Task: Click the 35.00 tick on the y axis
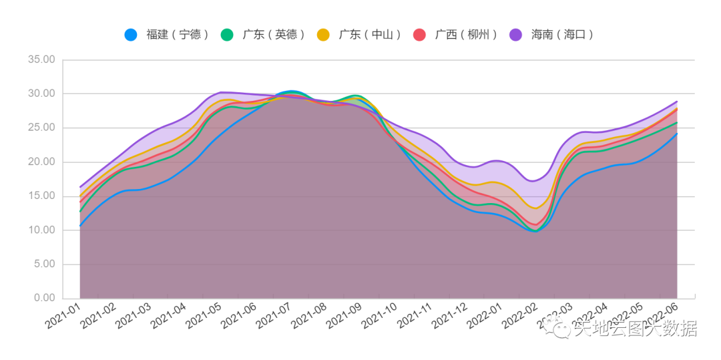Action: point(41,59)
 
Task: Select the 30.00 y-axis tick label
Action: point(41,94)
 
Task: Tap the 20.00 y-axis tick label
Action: point(41,162)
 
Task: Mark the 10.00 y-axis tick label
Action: point(41,230)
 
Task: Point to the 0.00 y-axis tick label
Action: point(44,298)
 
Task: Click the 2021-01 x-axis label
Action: point(63,317)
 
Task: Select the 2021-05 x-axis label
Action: point(203,317)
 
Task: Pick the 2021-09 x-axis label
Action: point(343,317)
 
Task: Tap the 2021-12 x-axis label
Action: point(449,317)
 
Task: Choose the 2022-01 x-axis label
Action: point(483,317)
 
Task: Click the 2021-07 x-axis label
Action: point(273,317)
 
